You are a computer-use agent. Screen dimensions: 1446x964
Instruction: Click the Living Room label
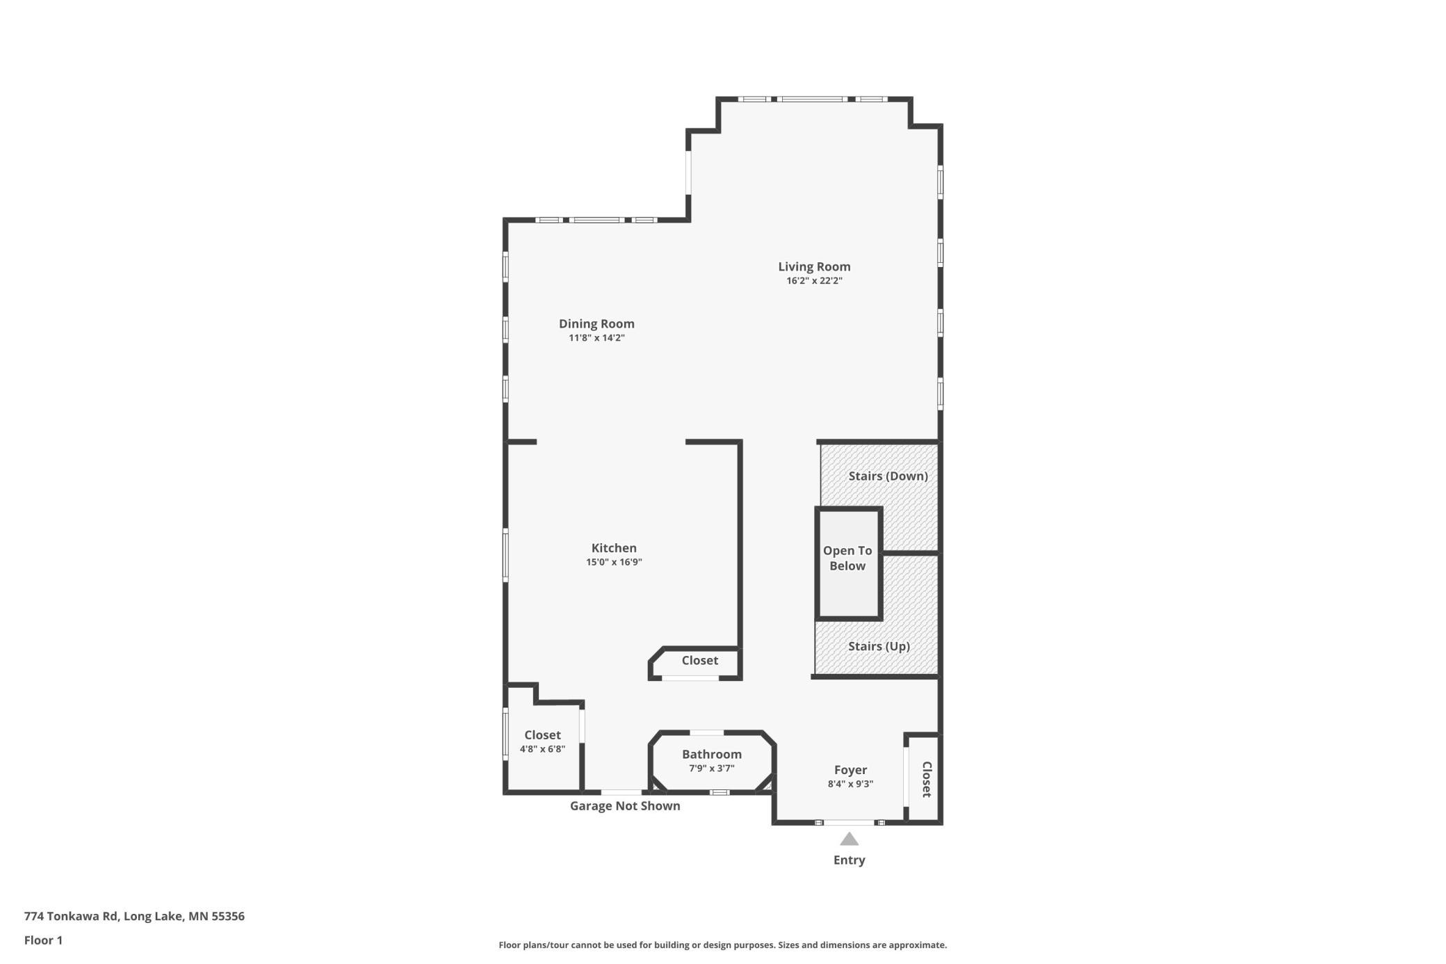point(814,266)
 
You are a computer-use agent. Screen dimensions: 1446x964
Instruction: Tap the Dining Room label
point(596,323)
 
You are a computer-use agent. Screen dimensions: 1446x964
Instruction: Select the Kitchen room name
point(614,548)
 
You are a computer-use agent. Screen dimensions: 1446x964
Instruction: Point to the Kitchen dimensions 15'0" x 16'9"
point(614,562)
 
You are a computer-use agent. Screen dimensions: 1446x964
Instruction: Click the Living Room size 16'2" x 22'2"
point(814,281)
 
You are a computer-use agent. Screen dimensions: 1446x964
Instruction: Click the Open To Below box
point(848,563)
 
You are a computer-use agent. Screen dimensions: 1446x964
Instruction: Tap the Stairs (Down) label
point(888,476)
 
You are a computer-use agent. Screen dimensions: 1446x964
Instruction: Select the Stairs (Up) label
point(879,646)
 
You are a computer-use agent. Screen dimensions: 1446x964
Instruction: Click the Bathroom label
point(711,755)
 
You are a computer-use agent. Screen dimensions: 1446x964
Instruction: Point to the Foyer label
point(850,770)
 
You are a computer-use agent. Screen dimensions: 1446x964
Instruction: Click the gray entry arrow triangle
point(849,840)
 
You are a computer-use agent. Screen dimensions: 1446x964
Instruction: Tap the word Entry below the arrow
point(849,860)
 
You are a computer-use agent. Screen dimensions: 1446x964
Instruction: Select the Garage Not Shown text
point(625,806)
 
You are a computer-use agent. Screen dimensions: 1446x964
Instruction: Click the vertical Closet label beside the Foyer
point(927,779)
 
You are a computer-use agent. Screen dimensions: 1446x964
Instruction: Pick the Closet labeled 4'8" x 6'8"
point(542,735)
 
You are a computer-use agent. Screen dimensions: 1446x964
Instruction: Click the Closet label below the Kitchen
point(699,661)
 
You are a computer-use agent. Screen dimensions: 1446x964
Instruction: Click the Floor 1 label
point(43,940)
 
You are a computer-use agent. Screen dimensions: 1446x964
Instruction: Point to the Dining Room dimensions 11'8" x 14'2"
point(596,338)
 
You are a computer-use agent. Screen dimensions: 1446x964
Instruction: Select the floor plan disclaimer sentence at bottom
point(722,945)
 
